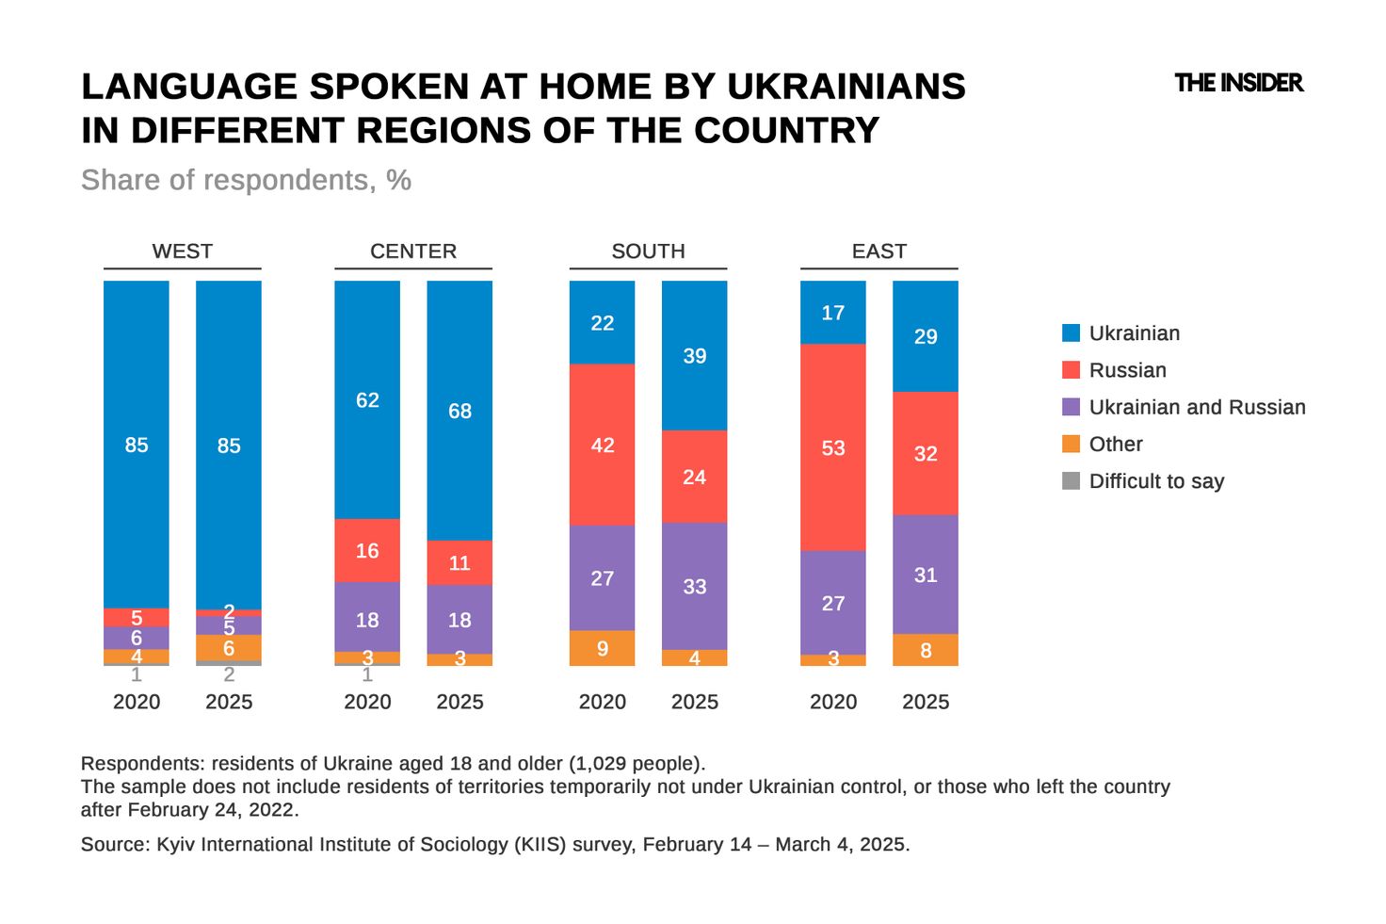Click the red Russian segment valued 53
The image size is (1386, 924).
[832, 447]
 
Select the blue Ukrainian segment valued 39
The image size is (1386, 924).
[694, 355]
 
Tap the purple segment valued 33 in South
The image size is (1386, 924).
[694, 586]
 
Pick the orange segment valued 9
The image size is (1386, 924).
[602, 648]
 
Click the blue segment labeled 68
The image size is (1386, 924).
[459, 411]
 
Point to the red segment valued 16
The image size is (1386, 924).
[367, 550]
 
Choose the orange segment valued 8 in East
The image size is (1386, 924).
[925, 650]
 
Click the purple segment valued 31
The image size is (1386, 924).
[925, 575]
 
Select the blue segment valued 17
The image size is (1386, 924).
[832, 312]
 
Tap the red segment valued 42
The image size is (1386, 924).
[602, 445]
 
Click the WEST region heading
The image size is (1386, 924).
[182, 251]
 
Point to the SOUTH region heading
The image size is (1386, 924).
[648, 251]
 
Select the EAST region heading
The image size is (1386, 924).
[878, 251]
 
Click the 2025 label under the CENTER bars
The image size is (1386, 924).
[459, 702]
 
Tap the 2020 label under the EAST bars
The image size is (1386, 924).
[832, 702]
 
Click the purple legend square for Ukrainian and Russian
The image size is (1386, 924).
[1071, 407]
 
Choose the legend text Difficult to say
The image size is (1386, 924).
[1156, 481]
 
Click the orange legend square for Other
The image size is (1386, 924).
[1071, 444]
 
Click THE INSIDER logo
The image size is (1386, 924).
[1238, 83]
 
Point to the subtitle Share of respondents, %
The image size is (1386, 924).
[246, 180]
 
